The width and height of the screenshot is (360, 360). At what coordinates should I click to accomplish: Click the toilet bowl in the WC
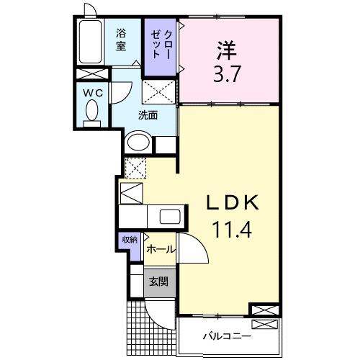click(92, 112)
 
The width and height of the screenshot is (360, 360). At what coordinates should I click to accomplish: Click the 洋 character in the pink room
click(226, 50)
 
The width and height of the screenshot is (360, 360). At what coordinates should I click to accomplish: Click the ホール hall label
click(159, 249)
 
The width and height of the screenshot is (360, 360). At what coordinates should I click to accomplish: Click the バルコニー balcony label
click(226, 336)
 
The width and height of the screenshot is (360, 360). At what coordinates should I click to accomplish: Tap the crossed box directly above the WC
click(92, 74)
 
